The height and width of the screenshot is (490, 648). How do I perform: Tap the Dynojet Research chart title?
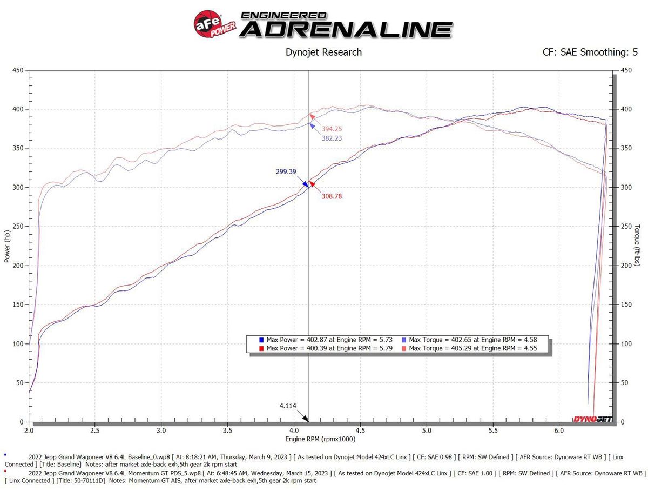pos(323,52)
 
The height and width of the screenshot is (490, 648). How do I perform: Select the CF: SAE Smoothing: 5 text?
pos(590,52)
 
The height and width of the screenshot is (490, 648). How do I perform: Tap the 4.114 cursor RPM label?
pos(287,406)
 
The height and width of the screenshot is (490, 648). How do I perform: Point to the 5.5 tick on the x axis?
pos(493,431)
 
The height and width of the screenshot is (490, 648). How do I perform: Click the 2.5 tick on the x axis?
pos(95,431)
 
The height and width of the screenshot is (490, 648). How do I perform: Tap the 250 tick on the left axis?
pos(19,227)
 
